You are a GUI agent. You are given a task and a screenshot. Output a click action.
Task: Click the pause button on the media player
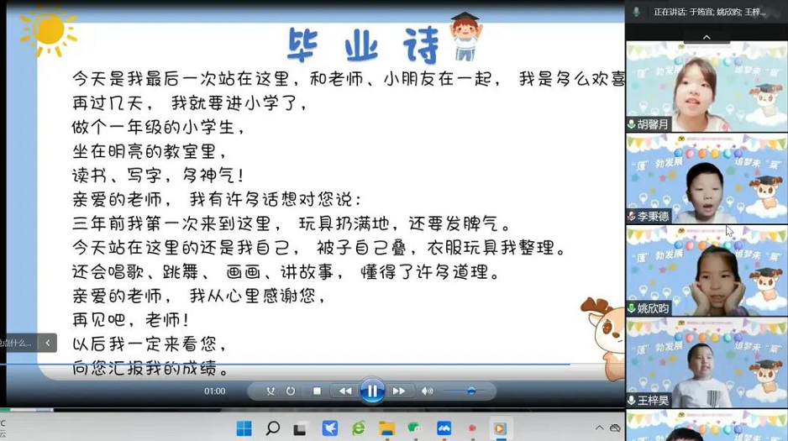pyautogui.click(x=372, y=391)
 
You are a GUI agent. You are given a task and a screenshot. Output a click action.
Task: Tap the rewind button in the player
pyautogui.click(x=344, y=391)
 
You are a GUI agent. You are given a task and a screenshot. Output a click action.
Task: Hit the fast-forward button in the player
pyautogui.click(x=399, y=391)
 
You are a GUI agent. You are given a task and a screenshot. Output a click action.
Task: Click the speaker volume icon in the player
pyautogui.click(x=427, y=391)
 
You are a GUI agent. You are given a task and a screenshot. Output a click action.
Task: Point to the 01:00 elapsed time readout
pyautogui.click(x=215, y=391)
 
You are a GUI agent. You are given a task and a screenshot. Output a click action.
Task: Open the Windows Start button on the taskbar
pyautogui.click(x=244, y=428)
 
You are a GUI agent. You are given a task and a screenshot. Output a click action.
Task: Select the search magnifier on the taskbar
pyautogui.click(x=272, y=428)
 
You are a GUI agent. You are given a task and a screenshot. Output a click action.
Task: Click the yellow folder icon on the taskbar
pyautogui.click(x=386, y=428)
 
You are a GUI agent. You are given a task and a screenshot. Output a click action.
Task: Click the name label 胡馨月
pyautogui.click(x=654, y=124)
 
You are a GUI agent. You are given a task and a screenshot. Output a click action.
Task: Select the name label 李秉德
pyautogui.click(x=654, y=216)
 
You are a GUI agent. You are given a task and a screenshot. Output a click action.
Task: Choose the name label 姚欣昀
pyautogui.click(x=654, y=308)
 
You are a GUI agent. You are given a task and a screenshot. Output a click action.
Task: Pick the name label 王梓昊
pyautogui.click(x=654, y=401)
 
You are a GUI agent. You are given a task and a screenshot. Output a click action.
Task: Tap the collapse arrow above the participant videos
pyautogui.click(x=706, y=37)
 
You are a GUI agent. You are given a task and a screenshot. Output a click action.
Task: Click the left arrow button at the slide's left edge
pyautogui.click(x=47, y=343)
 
